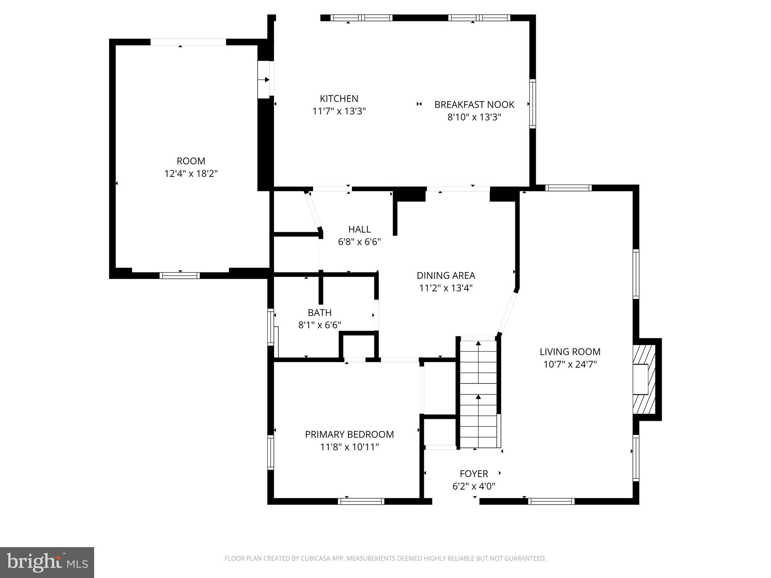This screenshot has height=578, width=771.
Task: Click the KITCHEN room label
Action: point(339,99)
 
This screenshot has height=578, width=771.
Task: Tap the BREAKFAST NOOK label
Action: point(474,105)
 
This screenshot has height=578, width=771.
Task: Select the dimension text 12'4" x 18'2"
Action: point(191,174)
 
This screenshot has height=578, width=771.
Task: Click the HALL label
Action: point(359,229)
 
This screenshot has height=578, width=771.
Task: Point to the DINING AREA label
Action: point(446,275)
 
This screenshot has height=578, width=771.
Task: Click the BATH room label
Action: point(320,313)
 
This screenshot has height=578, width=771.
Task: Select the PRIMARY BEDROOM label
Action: point(349,434)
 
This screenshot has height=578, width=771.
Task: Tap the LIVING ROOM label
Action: point(570,352)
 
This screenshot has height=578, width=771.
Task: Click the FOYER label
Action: point(474,473)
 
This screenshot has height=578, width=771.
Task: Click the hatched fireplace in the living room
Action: point(644,379)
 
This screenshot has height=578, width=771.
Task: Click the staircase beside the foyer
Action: point(478,393)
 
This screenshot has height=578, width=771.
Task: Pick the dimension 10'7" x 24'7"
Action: point(570,365)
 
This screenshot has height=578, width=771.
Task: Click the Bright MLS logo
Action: point(47,562)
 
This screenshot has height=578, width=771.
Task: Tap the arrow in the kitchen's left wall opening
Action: point(265,80)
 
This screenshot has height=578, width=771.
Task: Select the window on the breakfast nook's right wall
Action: point(532,104)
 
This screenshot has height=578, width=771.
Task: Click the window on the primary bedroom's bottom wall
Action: point(361,501)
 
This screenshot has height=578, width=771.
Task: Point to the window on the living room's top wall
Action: point(568,188)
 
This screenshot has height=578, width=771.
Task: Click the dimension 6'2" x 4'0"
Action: point(474,486)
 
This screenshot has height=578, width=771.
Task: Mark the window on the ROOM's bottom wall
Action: point(180,275)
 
